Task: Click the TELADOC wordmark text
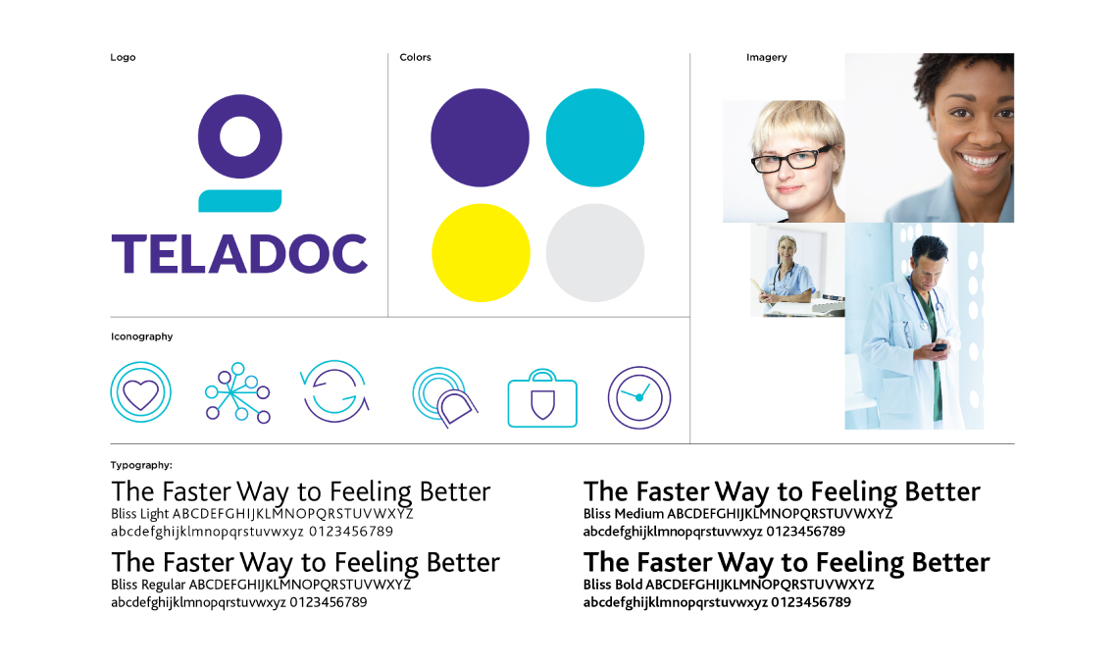[x=239, y=255]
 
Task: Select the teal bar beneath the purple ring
[x=240, y=201]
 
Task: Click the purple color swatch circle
[x=480, y=137]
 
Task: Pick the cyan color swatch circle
[x=594, y=137]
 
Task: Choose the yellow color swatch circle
[x=480, y=253]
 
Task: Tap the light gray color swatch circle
[x=594, y=253]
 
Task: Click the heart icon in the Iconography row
[x=141, y=393]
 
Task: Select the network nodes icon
[x=237, y=393]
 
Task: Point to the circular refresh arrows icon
[x=333, y=391]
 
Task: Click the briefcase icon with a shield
[x=542, y=400]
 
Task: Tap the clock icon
[x=639, y=397]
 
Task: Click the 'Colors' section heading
[x=415, y=58]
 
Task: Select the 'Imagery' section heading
[x=766, y=58]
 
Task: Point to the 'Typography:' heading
[x=141, y=465]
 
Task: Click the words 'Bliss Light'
[x=140, y=514]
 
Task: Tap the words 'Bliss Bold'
[x=612, y=585]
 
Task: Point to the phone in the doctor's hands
[x=939, y=347]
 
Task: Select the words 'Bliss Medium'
[x=624, y=514]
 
